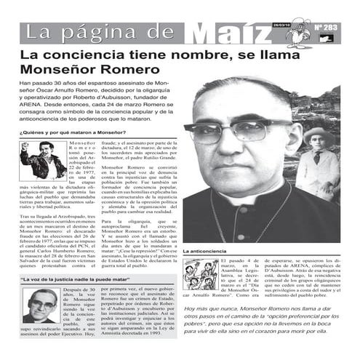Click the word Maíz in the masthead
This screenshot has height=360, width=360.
click(x=226, y=33)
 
